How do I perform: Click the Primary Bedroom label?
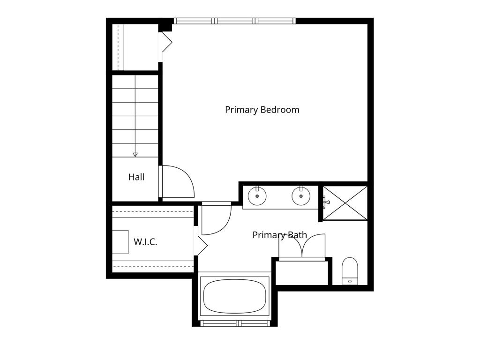tap(262, 110)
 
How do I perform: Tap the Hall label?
tap(136, 177)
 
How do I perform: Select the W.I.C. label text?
tap(145, 242)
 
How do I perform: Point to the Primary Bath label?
tap(279, 235)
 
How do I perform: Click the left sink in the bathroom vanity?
tap(257, 196)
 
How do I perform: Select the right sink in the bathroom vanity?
tap(301, 196)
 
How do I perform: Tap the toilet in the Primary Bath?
tap(350, 271)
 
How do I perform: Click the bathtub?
tap(234, 296)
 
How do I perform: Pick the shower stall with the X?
tap(345, 203)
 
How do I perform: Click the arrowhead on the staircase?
tap(135, 155)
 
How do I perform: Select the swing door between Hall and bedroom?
tap(177, 181)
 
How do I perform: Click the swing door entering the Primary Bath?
tap(216, 218)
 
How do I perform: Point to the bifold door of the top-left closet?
tap(165, 42)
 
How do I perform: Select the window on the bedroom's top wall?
tap(235, 21)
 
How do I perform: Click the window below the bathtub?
tap(235, 323)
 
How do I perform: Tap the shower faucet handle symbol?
tap(326, 202)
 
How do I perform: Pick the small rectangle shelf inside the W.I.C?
tap(120, 242)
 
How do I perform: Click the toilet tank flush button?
tap(350, 280)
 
